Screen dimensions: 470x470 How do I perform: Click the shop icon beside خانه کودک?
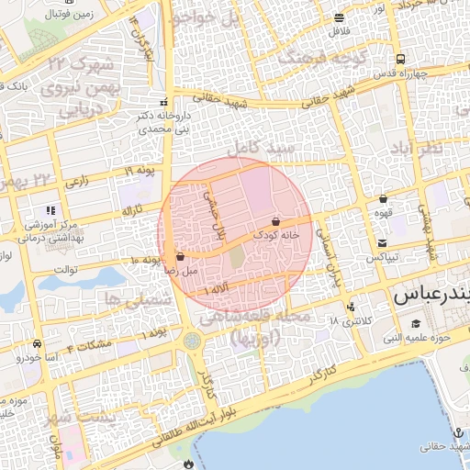(x=275, y=221)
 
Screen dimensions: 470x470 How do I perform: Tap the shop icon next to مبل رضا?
(x=179, y=256)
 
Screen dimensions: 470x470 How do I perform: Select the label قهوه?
(x=384, y=212)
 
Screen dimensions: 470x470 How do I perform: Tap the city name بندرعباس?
(x=431, y=297)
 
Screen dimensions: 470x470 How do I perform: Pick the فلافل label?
(x=340, y=33)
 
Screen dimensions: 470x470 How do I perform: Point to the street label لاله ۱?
(x=219, y=290)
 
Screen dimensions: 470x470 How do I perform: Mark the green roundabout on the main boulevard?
(x=193, y=341)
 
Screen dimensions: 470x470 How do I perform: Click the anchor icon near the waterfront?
(x=456, y=431)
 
